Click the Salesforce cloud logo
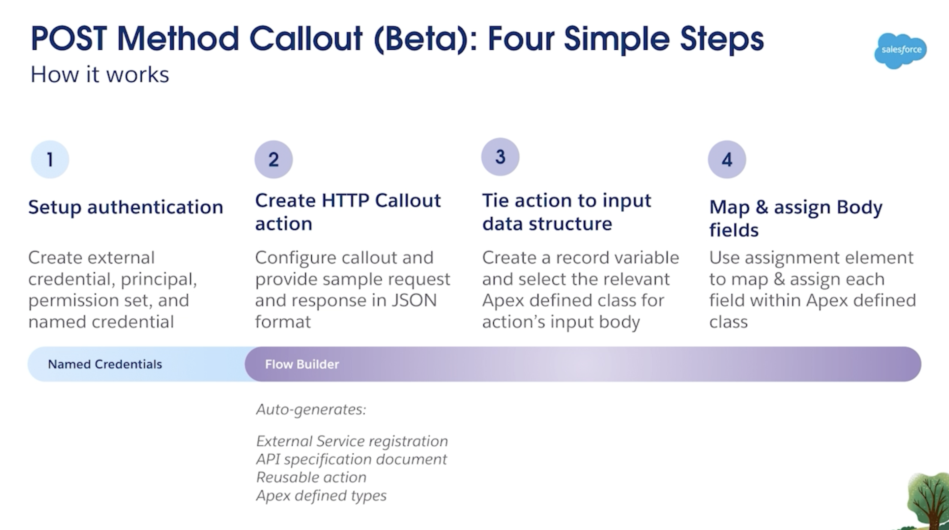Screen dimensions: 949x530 900,51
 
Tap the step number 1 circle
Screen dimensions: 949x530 50,159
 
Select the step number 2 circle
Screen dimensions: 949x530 274,159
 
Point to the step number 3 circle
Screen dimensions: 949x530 500,157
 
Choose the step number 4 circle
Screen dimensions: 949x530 727,159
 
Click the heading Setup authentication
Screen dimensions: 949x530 126,207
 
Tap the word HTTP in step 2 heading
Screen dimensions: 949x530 345,200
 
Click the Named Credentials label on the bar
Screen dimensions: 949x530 105,364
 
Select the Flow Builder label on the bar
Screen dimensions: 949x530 302,364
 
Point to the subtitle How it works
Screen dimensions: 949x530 100,75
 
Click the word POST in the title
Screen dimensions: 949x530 69,39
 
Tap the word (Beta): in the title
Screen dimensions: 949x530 426,40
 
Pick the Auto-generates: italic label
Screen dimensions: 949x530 311,409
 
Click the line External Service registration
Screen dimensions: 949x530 352,441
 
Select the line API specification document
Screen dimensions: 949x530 352,459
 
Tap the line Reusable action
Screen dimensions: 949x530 311,477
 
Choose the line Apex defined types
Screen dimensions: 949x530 321,496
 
